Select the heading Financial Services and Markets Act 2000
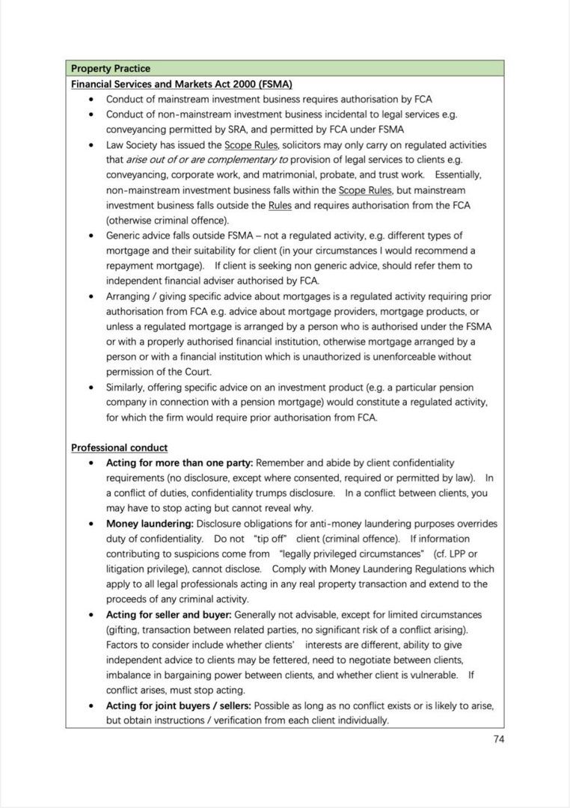[181, 84]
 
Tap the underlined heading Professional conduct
[119, 447]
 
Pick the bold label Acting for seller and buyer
[168, 614]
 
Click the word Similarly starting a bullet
[127, 387]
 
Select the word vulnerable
[432, 675]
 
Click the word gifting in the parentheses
[124, 630]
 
